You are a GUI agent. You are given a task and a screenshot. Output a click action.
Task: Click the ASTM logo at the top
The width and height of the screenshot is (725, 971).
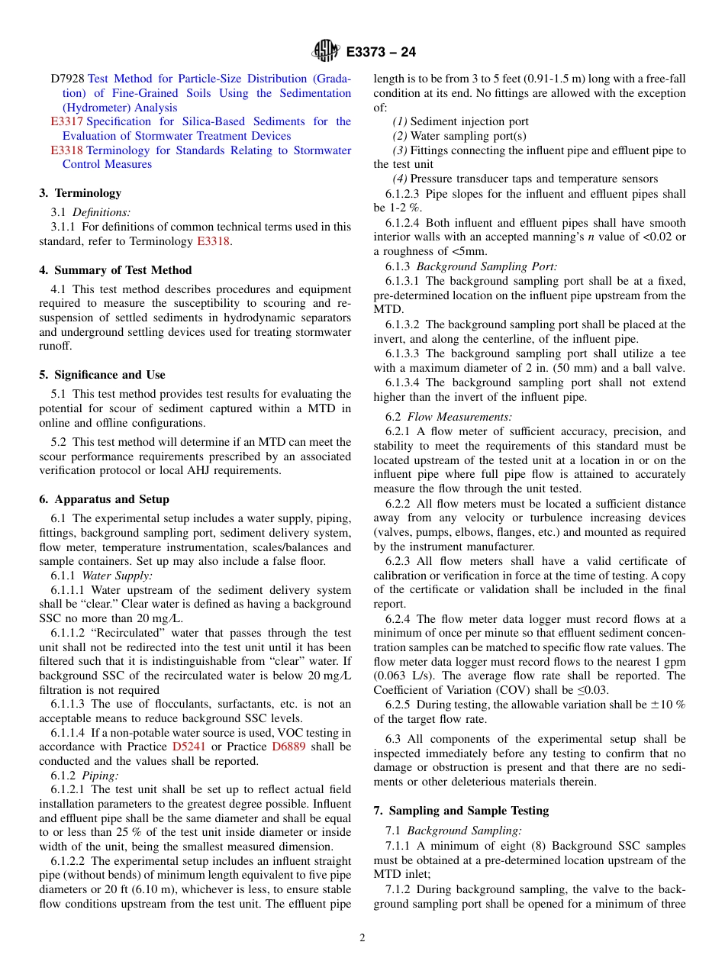click(x=326, y=51)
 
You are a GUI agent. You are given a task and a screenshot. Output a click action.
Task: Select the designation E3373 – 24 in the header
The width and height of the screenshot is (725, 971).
click(x=381, y=52)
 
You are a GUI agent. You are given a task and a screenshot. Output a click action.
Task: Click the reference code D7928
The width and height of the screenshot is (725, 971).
click(x=68, y=79)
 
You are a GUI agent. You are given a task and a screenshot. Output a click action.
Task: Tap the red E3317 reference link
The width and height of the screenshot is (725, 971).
click(x=67, y=121)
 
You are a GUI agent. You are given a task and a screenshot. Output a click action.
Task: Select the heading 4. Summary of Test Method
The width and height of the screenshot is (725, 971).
click(x=115, y=270)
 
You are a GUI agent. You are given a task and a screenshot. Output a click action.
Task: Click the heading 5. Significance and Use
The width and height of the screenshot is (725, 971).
click(x=102, y=375)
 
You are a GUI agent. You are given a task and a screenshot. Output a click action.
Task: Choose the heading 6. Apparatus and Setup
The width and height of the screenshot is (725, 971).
click(x=105, y=499)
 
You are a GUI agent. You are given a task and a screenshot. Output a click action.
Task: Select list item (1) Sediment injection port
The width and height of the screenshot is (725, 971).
click(x=460, y=121)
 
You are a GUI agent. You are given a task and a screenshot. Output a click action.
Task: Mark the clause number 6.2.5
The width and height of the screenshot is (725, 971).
click(x=400, y=705)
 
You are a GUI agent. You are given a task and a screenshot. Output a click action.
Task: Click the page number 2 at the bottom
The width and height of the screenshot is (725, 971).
click(x=362, y=938)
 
